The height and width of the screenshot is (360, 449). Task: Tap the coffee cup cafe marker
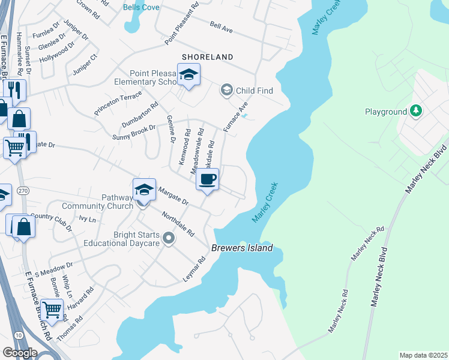[208, 179]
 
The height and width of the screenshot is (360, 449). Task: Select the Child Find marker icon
[226, 91]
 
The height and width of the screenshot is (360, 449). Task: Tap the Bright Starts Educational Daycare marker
[169, 239]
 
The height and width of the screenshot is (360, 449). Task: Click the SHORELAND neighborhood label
[208, 57]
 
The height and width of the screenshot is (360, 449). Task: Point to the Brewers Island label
[242, 248]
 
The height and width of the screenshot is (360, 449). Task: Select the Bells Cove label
[141, 7]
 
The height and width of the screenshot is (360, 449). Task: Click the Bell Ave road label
[221, 27]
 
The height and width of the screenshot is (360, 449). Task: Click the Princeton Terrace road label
[118, 103]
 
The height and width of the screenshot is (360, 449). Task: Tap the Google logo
[20, 353]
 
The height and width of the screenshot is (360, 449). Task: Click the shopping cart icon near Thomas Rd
[53, 310]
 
